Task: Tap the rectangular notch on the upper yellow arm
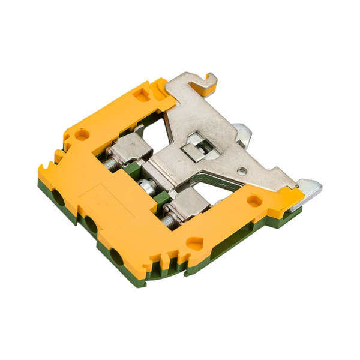(x=142, y=94)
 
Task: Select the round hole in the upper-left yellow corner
(x=80, y=134)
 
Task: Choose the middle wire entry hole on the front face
(x=90, y=224)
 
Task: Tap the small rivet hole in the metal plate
(x=241, y=172)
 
